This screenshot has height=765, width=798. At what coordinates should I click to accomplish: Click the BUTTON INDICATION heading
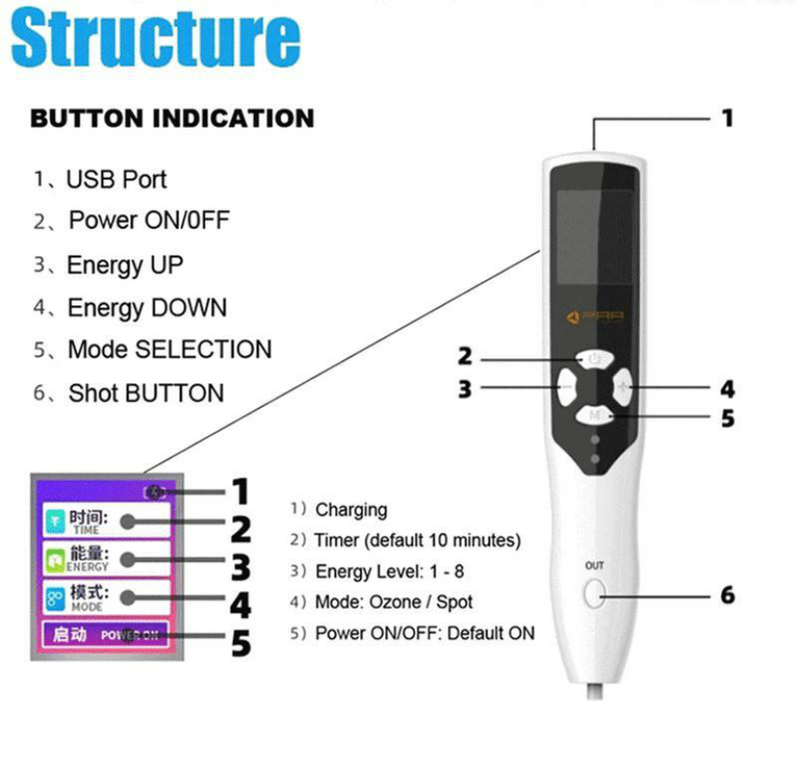pyautogui.click(x=172, y=119)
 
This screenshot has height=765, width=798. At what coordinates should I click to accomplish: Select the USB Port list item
pyautogui.click(x=115, y=179)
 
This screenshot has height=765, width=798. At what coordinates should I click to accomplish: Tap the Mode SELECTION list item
pyautogui.click(x=169, y=349)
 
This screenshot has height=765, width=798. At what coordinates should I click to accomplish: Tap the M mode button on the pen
pyautogui.click(x=595, y=416)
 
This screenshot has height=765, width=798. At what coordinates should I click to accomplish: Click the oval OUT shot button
pyautogui.click(x=593, y=595)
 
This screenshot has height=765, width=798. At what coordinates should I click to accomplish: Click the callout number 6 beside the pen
pyautogui.click(x=727, y=595)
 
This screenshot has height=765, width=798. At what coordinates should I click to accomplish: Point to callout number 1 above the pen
pyautogui.click(x=727, y=118)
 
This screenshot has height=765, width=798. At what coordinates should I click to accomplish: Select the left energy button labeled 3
pyautogui.click(x=564, y=389)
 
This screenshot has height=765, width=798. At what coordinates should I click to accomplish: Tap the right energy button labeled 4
pyautogui.click(x=625, y=389)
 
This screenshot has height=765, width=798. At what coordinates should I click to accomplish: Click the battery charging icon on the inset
pyautogui.click(x=156, y=492)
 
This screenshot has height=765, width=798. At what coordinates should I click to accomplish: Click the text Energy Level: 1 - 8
pyautogui.click(x=389, y=571)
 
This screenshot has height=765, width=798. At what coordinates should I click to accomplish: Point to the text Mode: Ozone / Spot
pyautogui.click(x=394, y=603)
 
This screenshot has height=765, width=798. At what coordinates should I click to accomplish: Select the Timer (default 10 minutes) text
pyautogui.click(x=417, y=540)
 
